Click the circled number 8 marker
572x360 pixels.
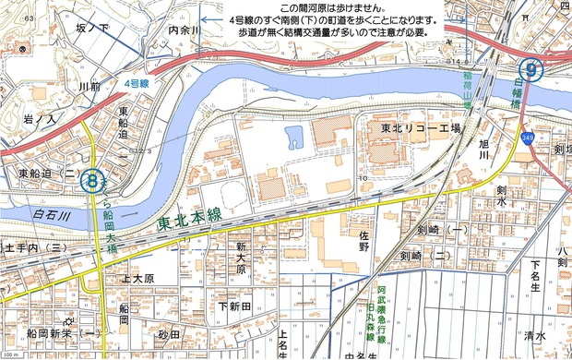91,178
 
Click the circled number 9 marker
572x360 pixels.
531,67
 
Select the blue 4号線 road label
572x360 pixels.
138,84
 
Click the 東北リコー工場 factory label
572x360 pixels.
420,128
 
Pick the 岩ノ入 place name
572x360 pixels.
40,119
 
